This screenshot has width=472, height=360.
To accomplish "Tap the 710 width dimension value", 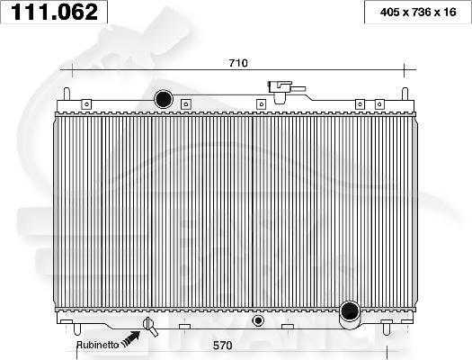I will [237, 63].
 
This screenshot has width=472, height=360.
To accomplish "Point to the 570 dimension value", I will [238, 342].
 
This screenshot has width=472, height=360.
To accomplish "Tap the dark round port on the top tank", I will [164, 98].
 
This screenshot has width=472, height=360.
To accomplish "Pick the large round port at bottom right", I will [350, 313].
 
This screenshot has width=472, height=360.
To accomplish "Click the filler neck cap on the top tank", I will [281, 88].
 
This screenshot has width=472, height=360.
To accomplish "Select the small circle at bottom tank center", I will [259, 319].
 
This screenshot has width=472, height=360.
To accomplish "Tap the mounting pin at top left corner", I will [67, 93].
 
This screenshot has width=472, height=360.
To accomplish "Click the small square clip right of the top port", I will [185, 103].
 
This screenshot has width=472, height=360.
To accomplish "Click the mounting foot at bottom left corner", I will [67, 321].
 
